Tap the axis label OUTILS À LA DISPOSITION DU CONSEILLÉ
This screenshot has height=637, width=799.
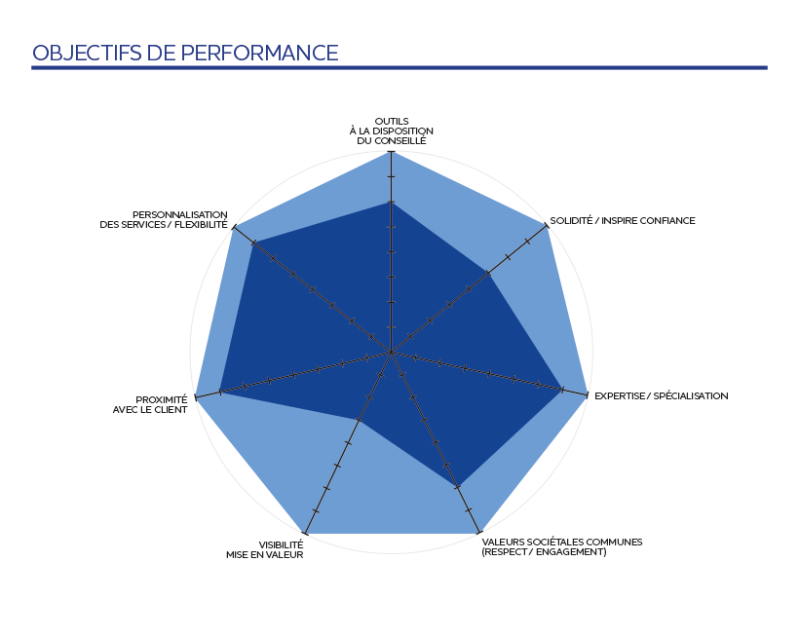pos(391,131)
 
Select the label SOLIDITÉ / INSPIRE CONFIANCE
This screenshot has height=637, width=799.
pos(623,221)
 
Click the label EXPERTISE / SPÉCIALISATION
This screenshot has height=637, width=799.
pos(661,396)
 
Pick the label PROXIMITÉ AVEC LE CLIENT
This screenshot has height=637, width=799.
pos(161,404)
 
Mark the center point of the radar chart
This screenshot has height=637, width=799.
pos(391,352)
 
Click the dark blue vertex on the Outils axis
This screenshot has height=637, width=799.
pos(391,202)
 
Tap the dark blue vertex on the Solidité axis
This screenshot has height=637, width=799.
pos(487,274)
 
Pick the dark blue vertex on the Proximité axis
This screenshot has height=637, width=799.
pos(221,391)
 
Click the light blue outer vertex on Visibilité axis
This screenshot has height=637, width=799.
pos(305,533)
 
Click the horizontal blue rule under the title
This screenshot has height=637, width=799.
pos(399,68)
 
